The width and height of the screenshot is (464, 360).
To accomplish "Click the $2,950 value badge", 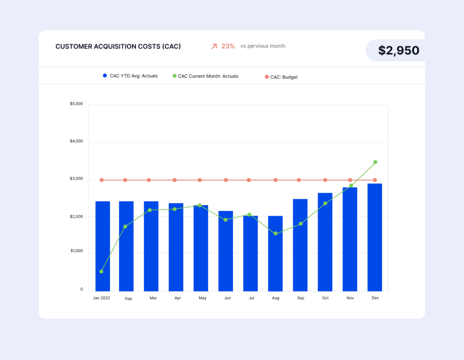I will point(398,50).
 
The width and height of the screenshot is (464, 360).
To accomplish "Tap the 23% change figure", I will point(228,46).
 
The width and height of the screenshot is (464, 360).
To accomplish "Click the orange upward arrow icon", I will point(214,46).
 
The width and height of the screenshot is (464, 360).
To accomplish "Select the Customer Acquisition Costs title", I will point(118,46).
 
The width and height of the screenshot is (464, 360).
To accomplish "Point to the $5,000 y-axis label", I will point(76,104).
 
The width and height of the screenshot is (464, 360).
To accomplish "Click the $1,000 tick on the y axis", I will point(76,251).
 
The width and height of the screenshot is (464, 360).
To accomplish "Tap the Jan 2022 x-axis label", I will point(102,298).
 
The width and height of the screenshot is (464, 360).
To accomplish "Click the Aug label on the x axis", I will point(275,298).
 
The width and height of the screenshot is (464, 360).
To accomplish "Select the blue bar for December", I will point(375,237).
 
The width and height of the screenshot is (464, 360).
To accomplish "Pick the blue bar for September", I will point(300,245).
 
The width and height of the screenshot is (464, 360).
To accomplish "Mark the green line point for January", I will point(101,271).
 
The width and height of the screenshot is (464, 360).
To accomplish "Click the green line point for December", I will point(375,162).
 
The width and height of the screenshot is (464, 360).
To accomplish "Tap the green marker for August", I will point(275,234).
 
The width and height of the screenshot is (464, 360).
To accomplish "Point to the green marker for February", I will point(126,226).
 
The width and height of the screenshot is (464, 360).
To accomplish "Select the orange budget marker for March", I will point(149,180).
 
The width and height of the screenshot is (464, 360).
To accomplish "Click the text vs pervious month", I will point(263,46).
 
